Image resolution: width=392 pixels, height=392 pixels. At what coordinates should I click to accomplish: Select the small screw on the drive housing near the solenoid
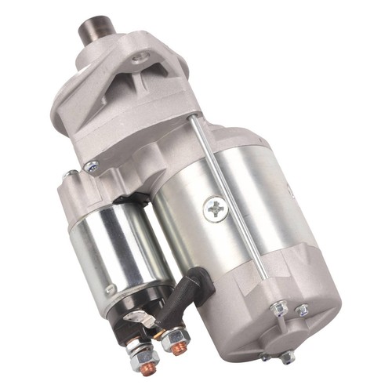tap(93, 165)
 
